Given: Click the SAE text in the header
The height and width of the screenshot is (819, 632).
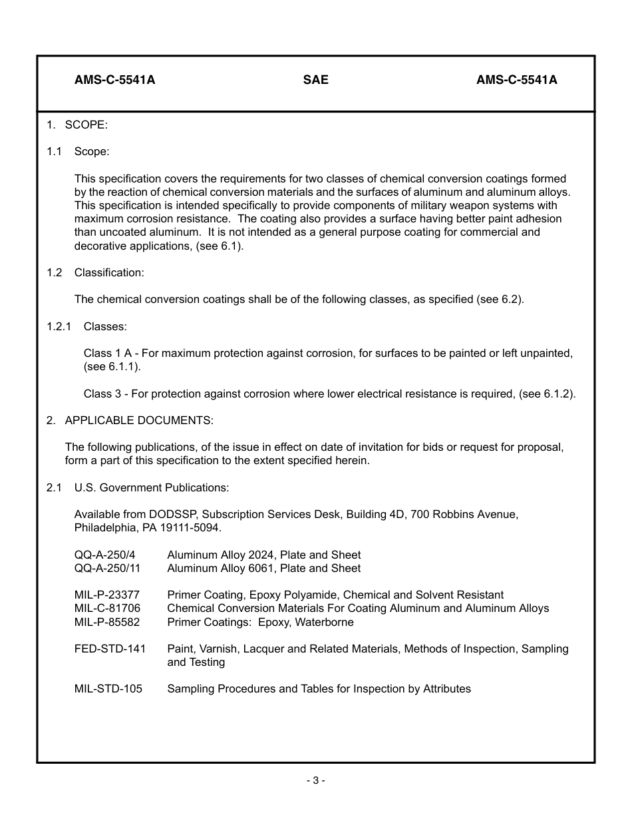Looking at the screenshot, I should point(315,80).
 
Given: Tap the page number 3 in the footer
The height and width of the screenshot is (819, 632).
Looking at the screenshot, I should point(315,780).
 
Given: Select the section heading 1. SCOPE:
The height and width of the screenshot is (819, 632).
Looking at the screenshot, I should point(77,125).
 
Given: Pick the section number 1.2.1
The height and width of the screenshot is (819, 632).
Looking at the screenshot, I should point(59,326).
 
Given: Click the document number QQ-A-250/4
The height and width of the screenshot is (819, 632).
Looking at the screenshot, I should point(104,555).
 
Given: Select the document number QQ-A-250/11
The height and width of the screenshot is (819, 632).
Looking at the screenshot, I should point(107,568).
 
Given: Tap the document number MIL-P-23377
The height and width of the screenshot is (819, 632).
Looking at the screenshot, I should point(107,595).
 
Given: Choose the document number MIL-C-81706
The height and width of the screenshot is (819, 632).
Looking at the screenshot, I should point(107,608).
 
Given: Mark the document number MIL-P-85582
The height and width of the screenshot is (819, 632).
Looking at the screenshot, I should point(107,622).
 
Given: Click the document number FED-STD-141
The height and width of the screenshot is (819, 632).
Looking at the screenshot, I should point(110,649).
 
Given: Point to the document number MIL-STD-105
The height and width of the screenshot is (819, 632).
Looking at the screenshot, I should point(108,688).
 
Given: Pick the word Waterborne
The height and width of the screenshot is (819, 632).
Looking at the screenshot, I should point(324,622).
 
